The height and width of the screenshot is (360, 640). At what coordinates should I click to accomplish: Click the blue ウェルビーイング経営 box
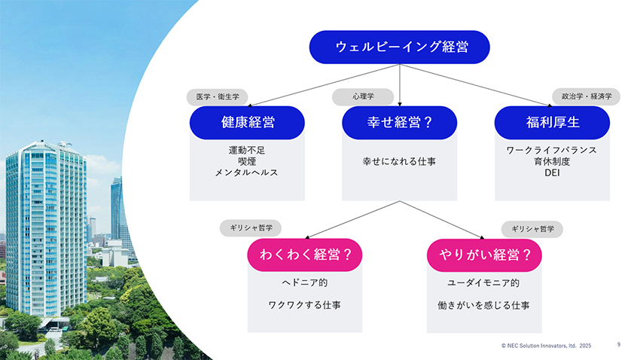tap(399, 47)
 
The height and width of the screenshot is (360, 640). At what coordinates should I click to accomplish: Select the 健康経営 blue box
tap(247, 123)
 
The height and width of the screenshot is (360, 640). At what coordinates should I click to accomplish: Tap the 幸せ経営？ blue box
tap(399, 123)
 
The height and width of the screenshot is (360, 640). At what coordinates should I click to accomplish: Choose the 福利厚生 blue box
tap(552, 123)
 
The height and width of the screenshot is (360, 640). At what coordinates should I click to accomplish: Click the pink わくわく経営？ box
tap(304, 255)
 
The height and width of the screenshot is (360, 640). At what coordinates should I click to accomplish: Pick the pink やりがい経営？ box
tap(484, 255)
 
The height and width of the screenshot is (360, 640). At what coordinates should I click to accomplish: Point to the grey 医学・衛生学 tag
tap(217, 97)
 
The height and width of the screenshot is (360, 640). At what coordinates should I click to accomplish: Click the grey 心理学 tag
tap(363, 96)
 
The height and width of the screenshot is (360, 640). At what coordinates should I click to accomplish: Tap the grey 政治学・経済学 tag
tap(586, 96)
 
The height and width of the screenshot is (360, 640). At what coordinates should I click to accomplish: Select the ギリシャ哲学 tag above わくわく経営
tap(251, 228)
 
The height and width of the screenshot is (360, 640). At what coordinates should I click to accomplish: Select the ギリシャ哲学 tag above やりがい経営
tap(532, 229)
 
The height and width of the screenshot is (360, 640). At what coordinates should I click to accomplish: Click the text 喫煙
tap(246, 162)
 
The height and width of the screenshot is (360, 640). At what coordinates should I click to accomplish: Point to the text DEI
tap(552, 172)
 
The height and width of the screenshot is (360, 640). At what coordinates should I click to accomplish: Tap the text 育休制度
tap(552, 162)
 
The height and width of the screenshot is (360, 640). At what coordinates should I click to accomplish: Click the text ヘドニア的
tap(304, 282)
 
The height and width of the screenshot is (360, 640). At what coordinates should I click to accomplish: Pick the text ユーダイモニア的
tap(483, 283)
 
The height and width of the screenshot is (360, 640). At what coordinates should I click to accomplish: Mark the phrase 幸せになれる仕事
tap(399, 162)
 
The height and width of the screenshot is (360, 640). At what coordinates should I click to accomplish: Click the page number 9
tap(619, 344)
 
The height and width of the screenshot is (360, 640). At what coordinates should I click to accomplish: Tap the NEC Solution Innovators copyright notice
tap(546, 346)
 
